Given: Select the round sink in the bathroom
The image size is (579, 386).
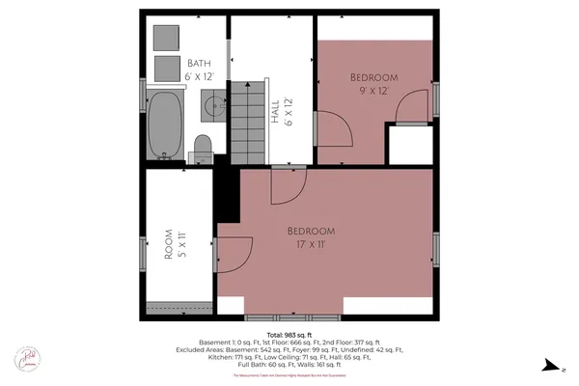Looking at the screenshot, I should (212, 105).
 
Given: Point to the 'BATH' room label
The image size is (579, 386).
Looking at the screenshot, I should (199, 59).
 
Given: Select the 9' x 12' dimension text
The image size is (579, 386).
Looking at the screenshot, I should (374, 91).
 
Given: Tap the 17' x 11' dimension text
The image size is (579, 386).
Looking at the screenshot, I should (311, 243).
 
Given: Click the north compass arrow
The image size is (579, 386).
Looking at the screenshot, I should (551, 365).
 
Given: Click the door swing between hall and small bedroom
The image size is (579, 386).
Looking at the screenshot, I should (333, 128).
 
